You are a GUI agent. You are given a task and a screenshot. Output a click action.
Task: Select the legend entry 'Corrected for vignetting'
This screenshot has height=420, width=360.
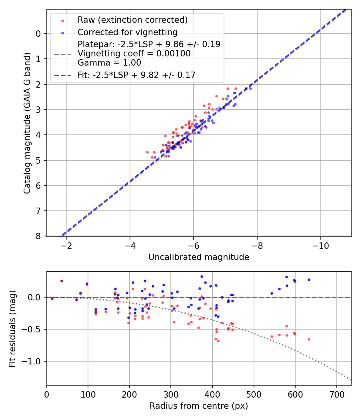127,32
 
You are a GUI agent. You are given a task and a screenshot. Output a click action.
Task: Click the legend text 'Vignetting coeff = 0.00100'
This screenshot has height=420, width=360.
134,53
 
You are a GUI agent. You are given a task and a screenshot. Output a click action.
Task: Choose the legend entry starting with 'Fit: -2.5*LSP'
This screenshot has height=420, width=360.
136,74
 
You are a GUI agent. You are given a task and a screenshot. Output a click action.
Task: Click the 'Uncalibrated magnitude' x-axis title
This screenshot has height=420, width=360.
199,257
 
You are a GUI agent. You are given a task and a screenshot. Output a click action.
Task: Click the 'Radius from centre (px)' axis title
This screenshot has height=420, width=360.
199,406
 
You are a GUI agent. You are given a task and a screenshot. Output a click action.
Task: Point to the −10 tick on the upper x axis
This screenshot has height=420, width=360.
321,245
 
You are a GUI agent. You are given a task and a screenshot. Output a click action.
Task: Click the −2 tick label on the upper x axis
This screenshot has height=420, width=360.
66,245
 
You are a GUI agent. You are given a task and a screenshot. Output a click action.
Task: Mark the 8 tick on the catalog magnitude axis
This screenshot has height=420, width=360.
38,236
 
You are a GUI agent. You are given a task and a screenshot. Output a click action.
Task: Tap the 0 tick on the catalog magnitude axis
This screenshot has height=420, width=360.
38,34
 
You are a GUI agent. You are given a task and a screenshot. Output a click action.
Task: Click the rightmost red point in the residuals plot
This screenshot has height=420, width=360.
309,339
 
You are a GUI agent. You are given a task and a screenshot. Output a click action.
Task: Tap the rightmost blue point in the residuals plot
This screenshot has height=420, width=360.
309,280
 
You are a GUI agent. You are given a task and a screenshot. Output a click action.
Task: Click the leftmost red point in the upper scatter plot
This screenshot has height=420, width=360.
147,152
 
